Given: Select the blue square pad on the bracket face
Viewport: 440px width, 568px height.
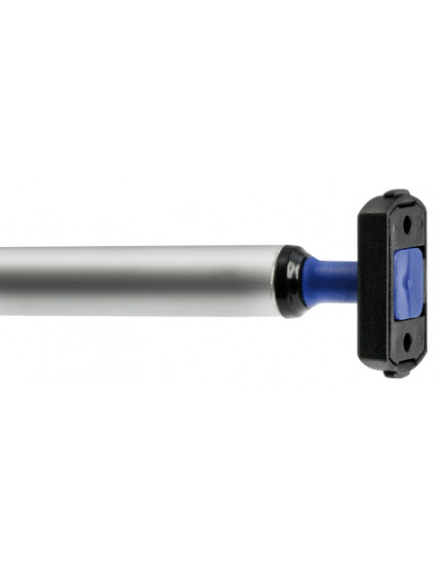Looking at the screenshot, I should (x=408, y=282).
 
